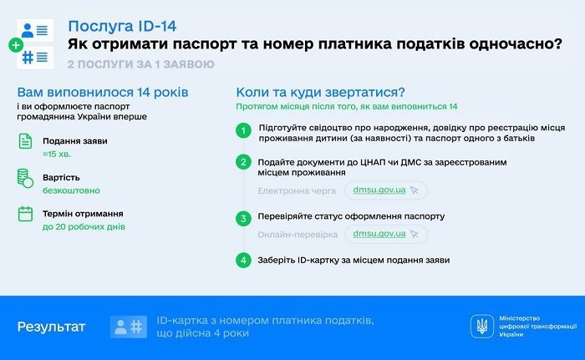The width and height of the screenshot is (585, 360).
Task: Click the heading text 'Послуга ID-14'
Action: click(x=122, y=26)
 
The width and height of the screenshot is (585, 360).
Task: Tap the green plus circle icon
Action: click(x=16, y=45)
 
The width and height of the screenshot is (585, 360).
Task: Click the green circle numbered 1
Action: click(x=244, y=130)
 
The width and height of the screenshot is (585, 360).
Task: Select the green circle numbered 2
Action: click(x=244, y=162)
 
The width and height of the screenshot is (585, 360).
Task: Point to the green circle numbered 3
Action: click(x=244, y=218)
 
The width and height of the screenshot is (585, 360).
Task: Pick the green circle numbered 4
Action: click(x=244, y=260)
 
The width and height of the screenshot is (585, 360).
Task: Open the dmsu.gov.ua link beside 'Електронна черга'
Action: click(x=379, y=190)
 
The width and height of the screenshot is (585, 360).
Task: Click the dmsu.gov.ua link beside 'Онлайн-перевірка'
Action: click(x=379, y=234)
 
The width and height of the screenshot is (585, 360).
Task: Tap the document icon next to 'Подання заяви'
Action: click(x=25, y=141)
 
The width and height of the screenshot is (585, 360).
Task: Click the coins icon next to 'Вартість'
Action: click(x=25, y=178)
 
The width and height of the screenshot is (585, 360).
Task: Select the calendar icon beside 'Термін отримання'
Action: click(x=25, y=214)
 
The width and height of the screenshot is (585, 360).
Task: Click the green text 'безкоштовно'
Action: click(x=71, y=190)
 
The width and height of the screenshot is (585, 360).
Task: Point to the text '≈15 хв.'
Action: click(x=57, y=154)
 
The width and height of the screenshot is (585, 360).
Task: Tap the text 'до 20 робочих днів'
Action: click(x=84, y=227)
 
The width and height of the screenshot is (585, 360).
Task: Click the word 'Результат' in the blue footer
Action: click(x=52, y=327)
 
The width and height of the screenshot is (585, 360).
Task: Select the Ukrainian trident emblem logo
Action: click(x=482, y=327)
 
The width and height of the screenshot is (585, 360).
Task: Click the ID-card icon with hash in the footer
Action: click(x=129, y=327)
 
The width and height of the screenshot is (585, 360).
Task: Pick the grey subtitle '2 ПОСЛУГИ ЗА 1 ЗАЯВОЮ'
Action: click(x=141, y=64)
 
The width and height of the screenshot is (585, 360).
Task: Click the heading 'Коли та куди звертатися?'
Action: click(x=320, y=92)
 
